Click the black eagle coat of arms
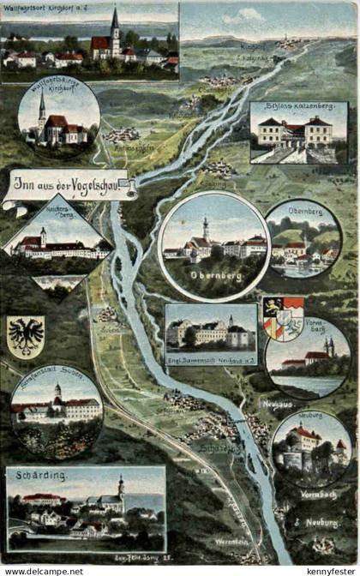point(26,336)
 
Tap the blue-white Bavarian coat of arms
point(282,318)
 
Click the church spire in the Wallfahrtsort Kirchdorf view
point(115,26)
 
